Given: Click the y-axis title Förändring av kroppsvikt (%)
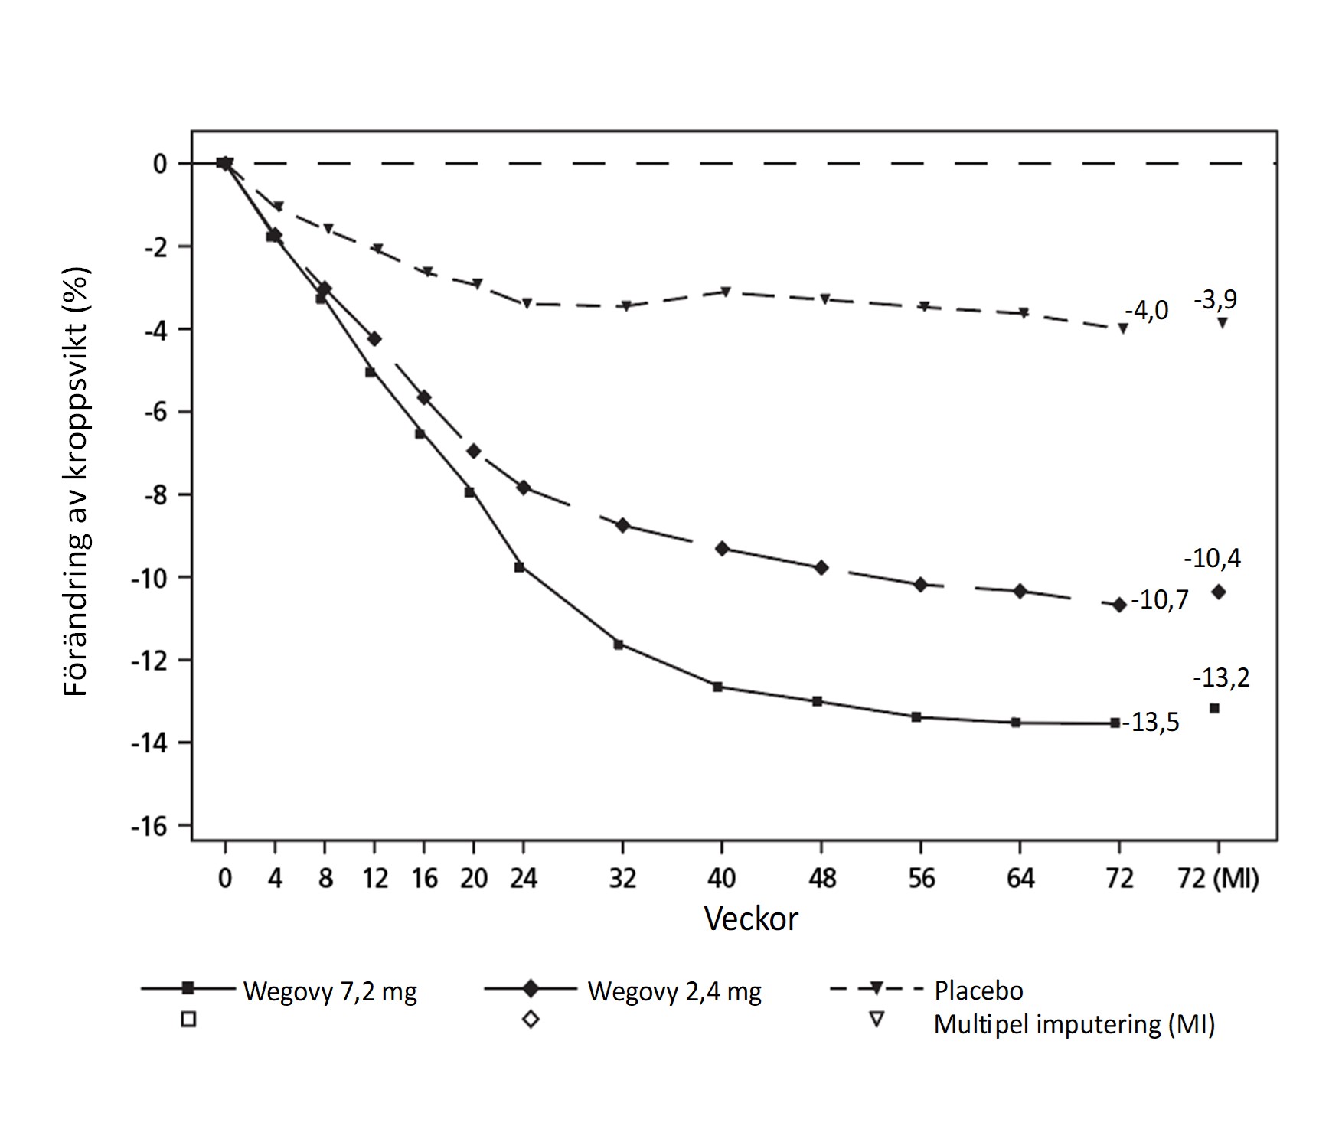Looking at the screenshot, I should tap(77, 481).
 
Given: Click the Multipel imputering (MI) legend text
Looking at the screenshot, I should tap(1074, 1024).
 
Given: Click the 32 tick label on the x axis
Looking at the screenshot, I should tap(622, 879).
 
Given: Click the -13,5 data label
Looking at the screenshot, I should tap(1151, 723).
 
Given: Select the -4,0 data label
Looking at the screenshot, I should tap(1147, 312).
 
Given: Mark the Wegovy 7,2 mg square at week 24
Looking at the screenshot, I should tap(519, 567).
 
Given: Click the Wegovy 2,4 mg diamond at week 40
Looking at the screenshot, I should tap(721, 549).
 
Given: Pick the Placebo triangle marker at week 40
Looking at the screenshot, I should tap(724, 292).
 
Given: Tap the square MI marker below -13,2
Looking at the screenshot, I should tap(1214, 708).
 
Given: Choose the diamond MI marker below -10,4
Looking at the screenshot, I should tap(1218, 592).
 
